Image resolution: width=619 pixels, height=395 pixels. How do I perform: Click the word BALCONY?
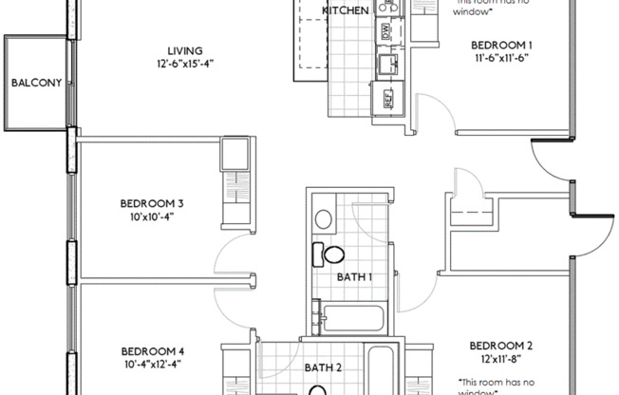click(36, 83)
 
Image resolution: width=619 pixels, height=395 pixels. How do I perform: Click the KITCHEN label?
click(346, 10)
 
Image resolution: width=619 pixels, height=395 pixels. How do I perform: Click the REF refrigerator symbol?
click(387, 97)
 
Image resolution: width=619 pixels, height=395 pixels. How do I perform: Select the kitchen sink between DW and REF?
click(386, 65)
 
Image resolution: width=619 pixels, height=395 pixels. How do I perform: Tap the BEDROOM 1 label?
click(502, 45)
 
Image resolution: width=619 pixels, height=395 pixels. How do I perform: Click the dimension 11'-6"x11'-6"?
click(502, 58)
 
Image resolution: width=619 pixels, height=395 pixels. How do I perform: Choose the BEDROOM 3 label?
click(152, 202)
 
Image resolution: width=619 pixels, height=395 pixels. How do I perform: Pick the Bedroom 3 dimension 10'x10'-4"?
click(152, 216)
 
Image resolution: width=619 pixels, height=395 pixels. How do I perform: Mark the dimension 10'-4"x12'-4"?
click(152, 363)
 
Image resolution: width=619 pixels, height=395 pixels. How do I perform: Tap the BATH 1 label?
click(354, 277)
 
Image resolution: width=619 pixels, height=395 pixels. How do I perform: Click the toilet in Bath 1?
click(329, 254)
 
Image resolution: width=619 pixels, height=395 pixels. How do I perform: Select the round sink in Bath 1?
click(323, 218)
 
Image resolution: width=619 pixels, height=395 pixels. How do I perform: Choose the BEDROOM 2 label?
click(502, 346)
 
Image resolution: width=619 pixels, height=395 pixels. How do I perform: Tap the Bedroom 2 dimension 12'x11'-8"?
click(502, 359)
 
